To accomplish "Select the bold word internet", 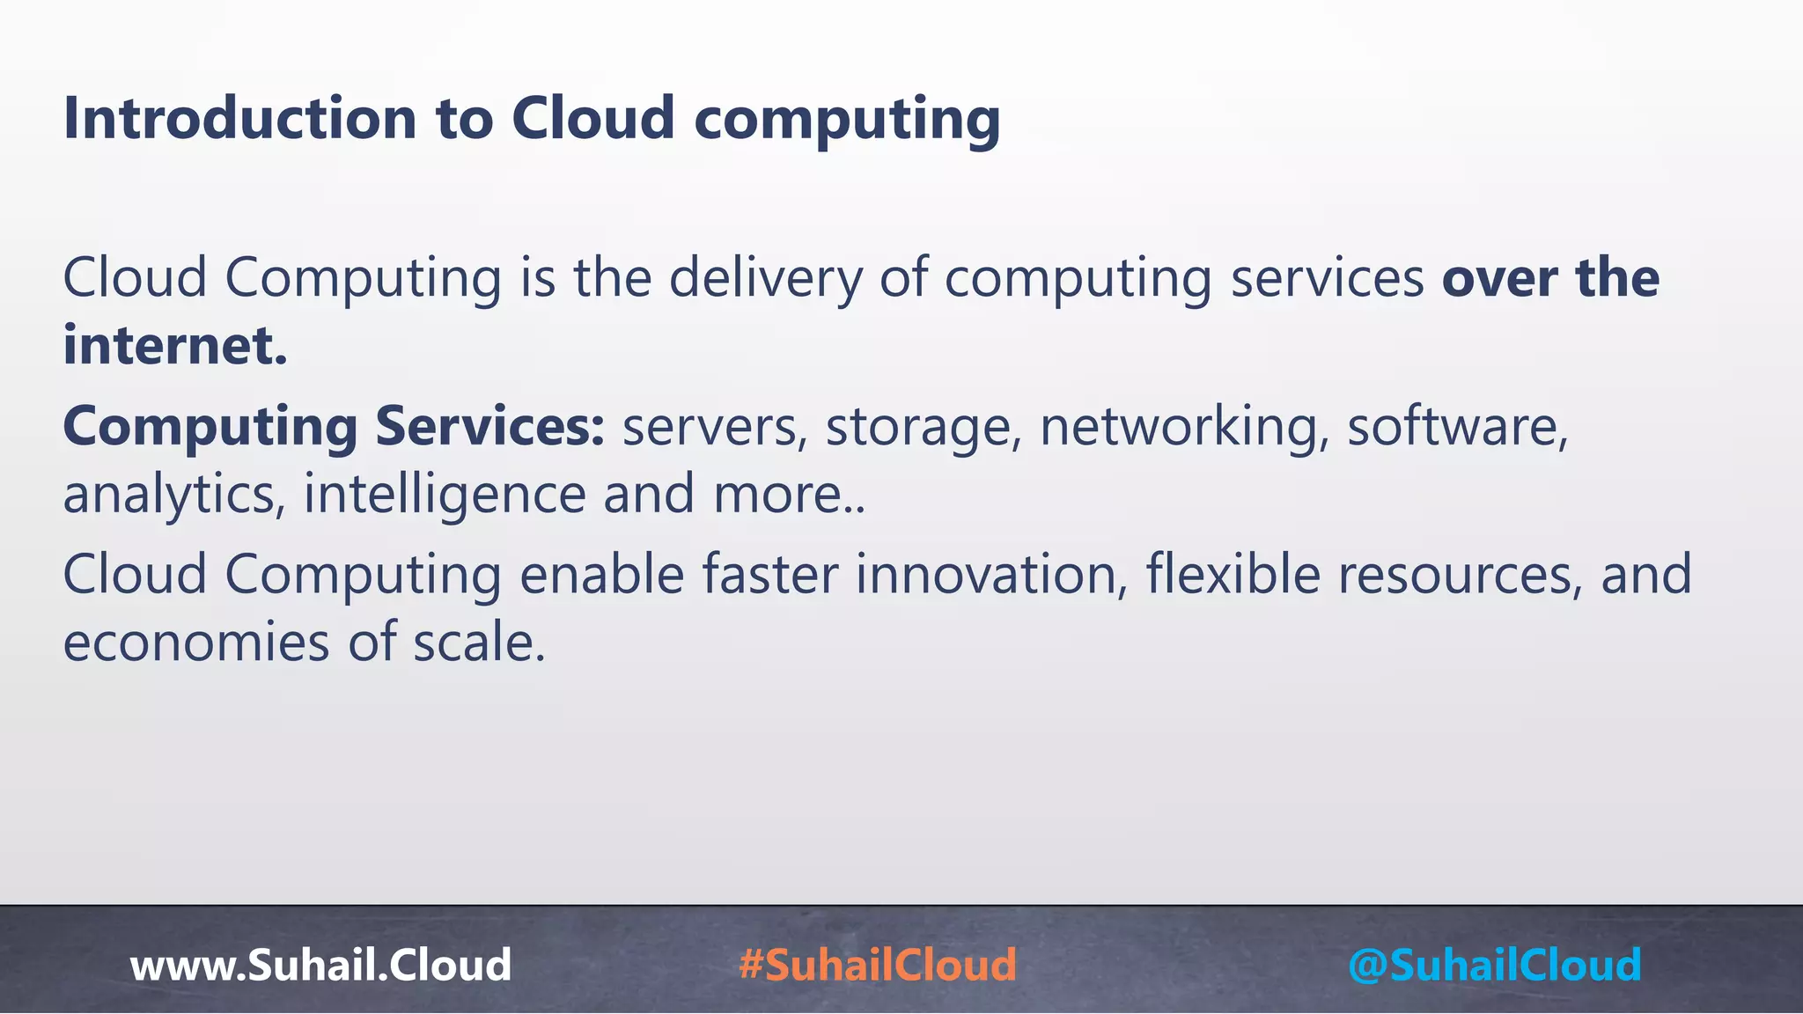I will [x=174, y=345].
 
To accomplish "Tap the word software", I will [x=1458, y=427].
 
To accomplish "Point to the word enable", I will [x=602, y=575].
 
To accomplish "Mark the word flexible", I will [x=1233, y=575].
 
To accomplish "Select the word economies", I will [x=196, y=643].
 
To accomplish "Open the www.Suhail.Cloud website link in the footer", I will [x=320, y=965].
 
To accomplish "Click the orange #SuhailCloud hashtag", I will [x=878, y=965].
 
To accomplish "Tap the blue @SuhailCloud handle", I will [x=1494, y=965].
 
